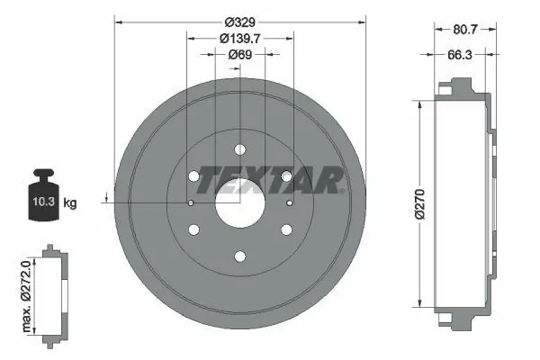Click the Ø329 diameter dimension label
point(240,22)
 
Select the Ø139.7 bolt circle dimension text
point(240,38)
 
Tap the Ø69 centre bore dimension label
point(240,54)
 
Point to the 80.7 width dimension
point(465,30)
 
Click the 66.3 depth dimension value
point(460,54)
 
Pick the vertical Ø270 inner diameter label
point(420,204)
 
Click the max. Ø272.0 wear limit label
point(26,296)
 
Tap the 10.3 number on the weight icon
point(44,202)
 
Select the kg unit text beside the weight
point(70,202)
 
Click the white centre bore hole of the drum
point(240,203)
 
